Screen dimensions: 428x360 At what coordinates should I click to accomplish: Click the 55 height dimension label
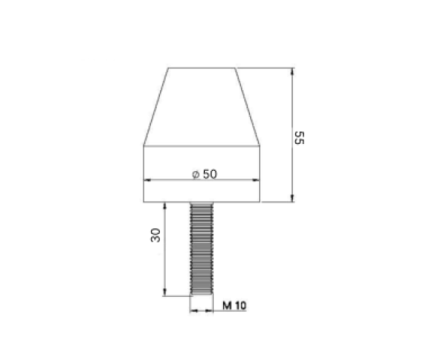(300, 138)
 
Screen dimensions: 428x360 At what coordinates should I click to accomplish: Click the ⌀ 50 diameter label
(205, 174)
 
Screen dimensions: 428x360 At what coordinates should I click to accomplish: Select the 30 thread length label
(155, 235)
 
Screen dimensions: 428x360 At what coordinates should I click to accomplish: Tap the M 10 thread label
(234, 305)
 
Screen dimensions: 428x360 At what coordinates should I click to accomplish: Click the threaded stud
(202, 248)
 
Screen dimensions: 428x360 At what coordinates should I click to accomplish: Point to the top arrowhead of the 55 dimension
(292, 71)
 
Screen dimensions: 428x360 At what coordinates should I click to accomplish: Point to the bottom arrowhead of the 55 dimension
(292, 199)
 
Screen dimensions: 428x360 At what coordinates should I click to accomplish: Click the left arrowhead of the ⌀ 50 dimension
(147, 180)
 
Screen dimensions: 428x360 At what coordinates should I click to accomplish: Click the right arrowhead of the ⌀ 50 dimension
(256, 180)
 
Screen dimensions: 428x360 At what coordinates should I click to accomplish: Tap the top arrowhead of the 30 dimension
(164, 206)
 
